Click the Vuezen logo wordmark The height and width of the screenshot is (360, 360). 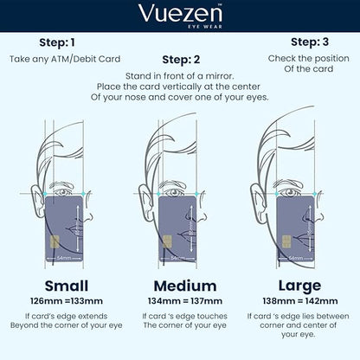(x=180, y=13)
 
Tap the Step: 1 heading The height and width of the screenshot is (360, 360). (x=57, y=42)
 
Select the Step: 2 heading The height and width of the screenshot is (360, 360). (x=181, y=60)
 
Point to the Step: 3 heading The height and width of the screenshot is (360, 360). (x=310, y=42)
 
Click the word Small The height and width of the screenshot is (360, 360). (x=67, y=286)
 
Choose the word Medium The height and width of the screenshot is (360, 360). (x=185, y=286)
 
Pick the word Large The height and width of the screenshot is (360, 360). (x=299, y=286)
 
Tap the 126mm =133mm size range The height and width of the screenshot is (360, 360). (x=67, y=301)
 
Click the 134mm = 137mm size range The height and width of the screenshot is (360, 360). (x=185, y=301)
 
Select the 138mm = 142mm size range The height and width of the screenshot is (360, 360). (x=300, y=301)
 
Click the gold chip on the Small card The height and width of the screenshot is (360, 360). (x=55, y=241)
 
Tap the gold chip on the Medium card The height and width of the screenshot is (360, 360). (x=167, y=241)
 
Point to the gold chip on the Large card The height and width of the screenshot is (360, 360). (x=286, y=241)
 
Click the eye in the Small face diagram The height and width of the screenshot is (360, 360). (x=62, y=192)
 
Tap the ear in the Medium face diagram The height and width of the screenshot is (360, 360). (x=145, y=199)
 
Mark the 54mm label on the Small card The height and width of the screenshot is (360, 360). (x=64, y=258)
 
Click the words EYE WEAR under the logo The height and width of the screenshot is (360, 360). (x=205, y=27)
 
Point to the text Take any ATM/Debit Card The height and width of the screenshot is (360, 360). (x=65, y=59)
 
